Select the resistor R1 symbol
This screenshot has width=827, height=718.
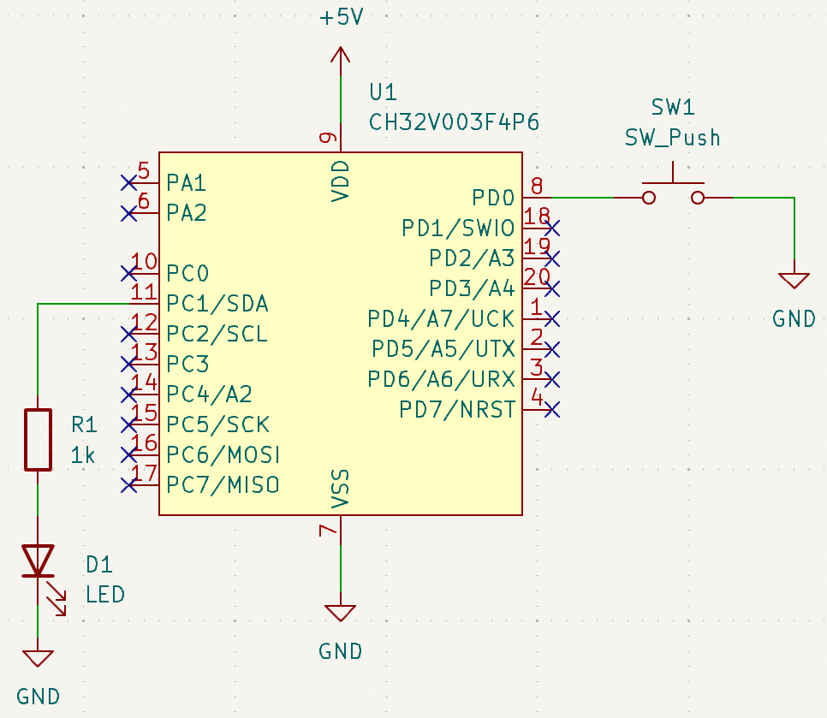tap(38, 439)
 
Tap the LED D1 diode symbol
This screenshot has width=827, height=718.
tap(38, 561)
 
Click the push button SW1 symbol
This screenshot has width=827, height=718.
tap(673, 193)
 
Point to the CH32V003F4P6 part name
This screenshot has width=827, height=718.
tap(454, 122)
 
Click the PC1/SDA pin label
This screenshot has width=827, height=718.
tap(217, 304)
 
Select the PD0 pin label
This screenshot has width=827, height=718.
tap(493, 198)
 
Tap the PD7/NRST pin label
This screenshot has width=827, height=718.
tap(457, 410)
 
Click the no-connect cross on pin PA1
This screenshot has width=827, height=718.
tap(129, 182)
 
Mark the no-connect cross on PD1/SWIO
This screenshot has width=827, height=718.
tap(552, 228)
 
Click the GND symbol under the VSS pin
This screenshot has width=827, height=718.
tap(341, 613)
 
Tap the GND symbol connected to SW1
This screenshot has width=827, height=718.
tap(794, 281)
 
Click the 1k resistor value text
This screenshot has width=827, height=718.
tap(84, 456)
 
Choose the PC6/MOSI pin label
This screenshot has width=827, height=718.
tap(223, 454)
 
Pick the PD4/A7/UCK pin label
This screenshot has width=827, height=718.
tap(441, 319)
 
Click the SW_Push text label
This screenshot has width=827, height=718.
tap(672, 138)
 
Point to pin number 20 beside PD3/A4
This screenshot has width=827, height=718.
tap(536, 276)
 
